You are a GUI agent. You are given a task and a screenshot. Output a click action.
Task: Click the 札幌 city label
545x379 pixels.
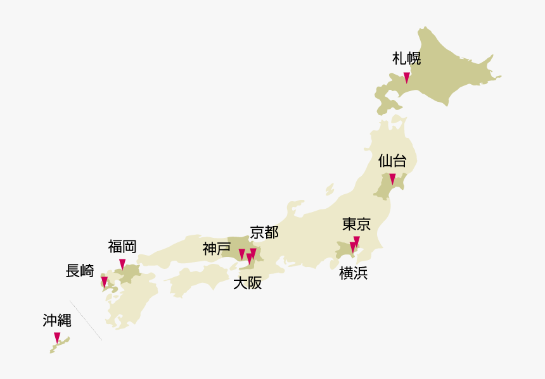click(406, 59)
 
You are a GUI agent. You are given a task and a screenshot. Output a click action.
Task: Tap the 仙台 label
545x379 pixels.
click(392, 160)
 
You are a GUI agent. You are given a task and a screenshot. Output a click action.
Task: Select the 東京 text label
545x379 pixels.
click(356, 224)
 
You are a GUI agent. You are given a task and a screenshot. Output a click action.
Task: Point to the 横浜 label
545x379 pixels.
click(353, 273)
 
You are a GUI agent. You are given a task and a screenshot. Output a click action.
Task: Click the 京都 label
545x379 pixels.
click(264, 232)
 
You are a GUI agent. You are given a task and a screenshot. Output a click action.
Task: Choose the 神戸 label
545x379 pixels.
click(217, 249)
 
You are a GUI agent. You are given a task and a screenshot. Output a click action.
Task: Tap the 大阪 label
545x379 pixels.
click(247, 283)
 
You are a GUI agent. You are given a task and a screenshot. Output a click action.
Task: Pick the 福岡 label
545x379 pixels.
click(122, 246)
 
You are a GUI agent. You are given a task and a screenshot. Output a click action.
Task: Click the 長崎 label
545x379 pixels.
click(80, 271)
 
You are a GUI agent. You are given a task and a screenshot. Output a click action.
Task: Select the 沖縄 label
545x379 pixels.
click(57, 320)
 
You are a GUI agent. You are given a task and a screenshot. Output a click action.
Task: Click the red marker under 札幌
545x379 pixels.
click(407, 78)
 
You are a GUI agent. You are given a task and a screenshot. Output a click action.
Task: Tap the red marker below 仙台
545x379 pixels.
click(392, 178)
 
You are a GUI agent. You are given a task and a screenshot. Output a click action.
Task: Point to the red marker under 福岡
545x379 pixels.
click(122, 264)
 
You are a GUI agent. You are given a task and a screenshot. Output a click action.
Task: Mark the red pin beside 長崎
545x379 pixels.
click(105, 282)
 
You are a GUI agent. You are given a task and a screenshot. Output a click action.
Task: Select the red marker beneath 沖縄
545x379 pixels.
click(57, 337)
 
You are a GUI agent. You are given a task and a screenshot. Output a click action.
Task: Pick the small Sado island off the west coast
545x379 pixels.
click(329, 189)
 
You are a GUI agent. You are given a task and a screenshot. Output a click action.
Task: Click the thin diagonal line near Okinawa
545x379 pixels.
click(86, 320)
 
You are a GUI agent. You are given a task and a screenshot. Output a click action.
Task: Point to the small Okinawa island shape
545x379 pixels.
click(61, 344)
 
